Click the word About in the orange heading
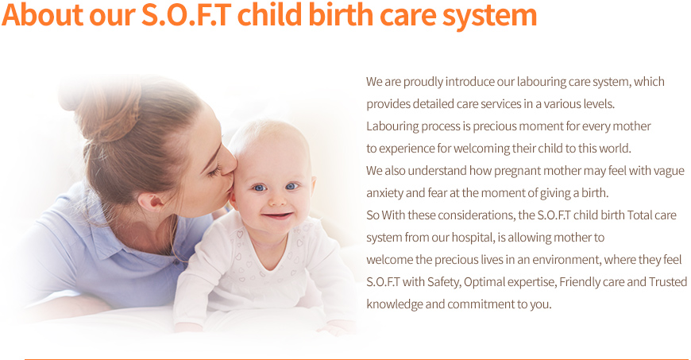click(x=43, y=14)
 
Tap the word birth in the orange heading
click(x=341, y=14)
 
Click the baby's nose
click(x=277, y=199)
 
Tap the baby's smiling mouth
click(x=277, y=215)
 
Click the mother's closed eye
click(x=214, y=171)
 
